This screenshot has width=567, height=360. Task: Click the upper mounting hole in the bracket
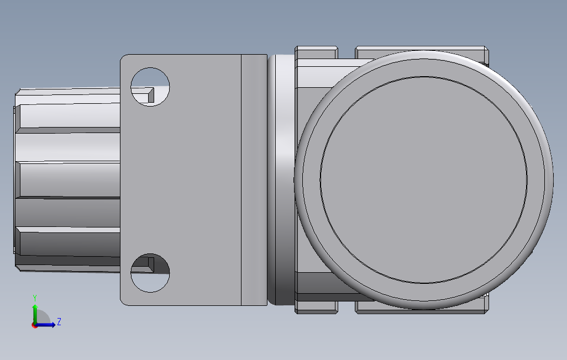click(150, 87)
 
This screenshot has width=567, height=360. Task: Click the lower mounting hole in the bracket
click(150, 273)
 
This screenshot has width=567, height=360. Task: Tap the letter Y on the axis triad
click(35, 297)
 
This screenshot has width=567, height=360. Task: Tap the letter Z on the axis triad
click(59, 321)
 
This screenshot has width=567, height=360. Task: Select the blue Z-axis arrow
click(47, 325)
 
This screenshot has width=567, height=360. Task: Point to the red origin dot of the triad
click(34, 325)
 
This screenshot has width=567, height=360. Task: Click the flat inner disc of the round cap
click(423, 179)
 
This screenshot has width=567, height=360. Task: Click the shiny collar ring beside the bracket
click(282, 179)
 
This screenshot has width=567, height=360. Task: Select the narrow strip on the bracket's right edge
click(254, 179)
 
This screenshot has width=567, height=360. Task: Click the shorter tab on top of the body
click(316, 53)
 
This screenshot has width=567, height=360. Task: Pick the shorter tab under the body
click(316, 307)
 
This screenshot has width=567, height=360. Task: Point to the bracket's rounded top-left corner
click(125, 59)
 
